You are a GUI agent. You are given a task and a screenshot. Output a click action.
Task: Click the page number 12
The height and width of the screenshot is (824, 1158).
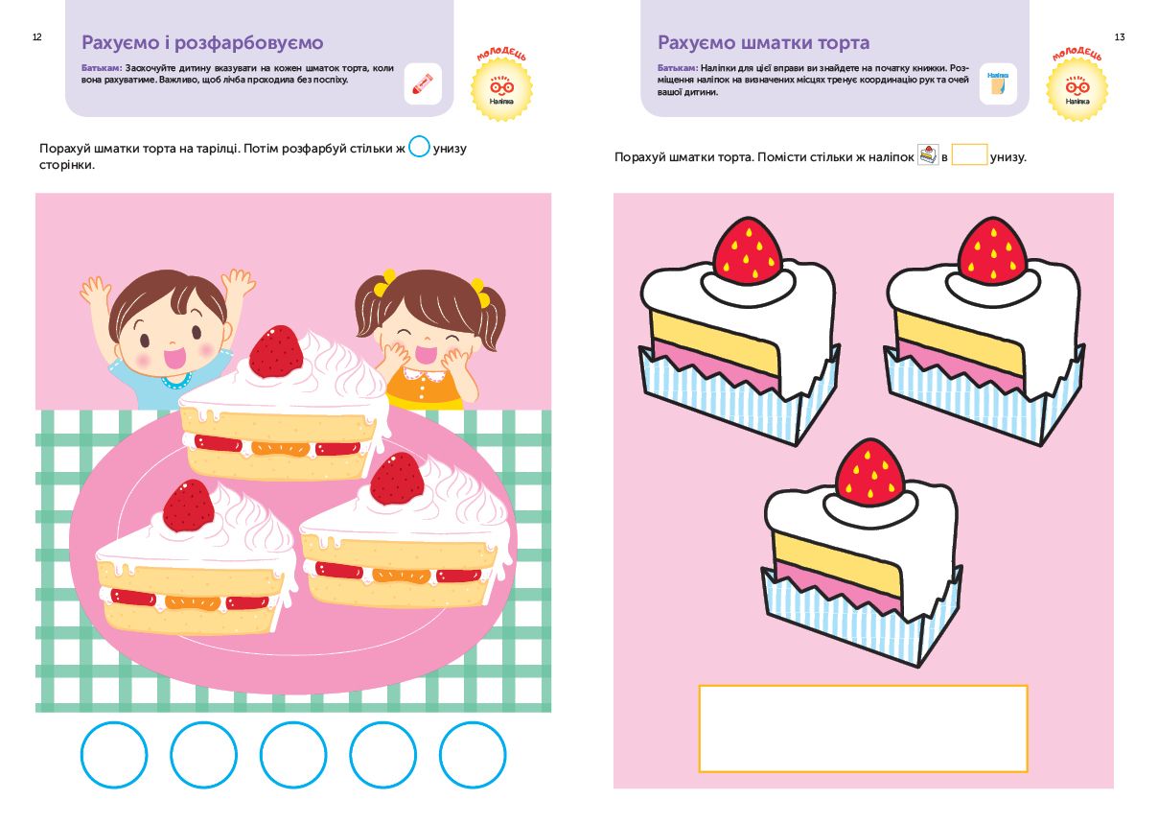tap(36, 36)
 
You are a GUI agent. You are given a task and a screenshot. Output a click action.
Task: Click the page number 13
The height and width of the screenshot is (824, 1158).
tap(1120, 36)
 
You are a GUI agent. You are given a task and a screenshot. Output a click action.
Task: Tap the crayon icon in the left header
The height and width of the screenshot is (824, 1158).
tap(423, 83)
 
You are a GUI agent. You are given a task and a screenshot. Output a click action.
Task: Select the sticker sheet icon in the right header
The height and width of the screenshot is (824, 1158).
tap(998, 83)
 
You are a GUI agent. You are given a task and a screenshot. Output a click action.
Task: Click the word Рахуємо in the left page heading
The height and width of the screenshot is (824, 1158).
tap(121, 43)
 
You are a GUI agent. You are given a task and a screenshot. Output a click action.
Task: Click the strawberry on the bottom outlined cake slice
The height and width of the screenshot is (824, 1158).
tap(870, 473)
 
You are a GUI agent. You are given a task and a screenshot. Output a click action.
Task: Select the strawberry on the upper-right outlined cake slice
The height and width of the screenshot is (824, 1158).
tap(992, 251)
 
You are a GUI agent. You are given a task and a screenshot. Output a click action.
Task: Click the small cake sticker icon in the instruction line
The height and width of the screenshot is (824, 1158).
tap(928, 154)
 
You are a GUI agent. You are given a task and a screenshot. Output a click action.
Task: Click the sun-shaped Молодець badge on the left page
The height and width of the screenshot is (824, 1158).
tap(501, 88)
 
